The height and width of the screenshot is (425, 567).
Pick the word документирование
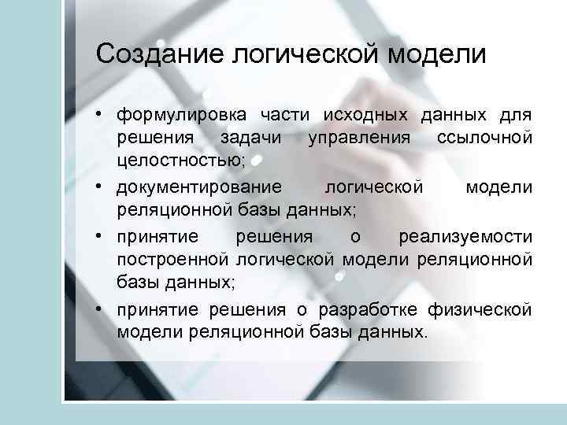(x=199, y=187)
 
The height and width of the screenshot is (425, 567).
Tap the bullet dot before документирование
(x=102, y=187)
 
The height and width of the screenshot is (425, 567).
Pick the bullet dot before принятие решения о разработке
(x=102, y=310)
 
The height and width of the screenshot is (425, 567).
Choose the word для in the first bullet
(x=516, y=116)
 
